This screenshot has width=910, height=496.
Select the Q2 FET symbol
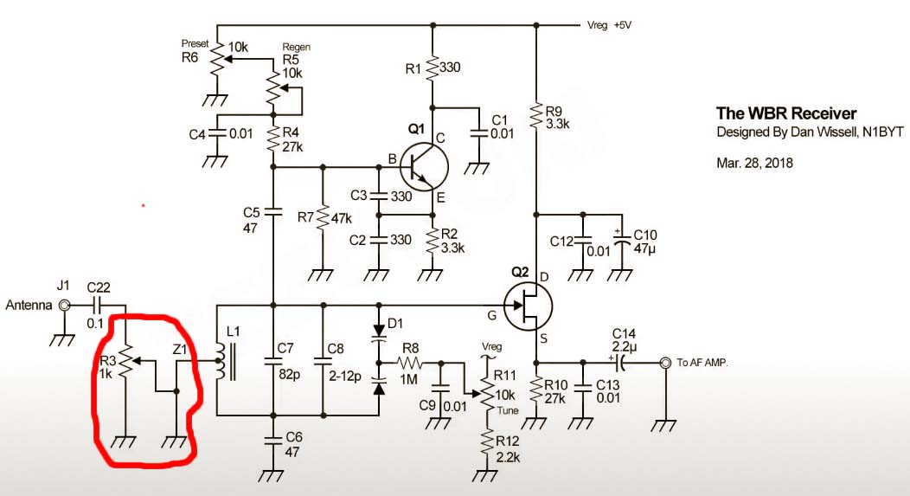pos(528,306)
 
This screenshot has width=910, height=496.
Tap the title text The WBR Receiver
pos(785,113)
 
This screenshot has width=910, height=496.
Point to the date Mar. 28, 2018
pos(754,163)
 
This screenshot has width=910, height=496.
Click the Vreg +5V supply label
pos(609,26)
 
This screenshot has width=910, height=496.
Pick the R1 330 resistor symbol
pos(433,68)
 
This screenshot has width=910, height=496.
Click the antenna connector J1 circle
pos(64,305)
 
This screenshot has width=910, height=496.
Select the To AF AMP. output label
pos(702,363)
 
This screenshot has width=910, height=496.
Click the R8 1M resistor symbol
pos(410,363)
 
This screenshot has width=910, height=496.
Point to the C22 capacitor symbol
pos(98,305)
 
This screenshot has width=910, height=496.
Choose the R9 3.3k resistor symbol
pos(536,117)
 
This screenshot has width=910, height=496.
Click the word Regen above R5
pos(296,47)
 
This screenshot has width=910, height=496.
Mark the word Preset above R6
pos(195,43)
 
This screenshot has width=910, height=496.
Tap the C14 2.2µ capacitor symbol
pos(620,363)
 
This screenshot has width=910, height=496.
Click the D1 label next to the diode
pos(394,324)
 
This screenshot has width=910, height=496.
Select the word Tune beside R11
pos(507,410)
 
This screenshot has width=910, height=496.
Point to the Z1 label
pos(180,350)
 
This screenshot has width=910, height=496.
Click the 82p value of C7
pos(289,375)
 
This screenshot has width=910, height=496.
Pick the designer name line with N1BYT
pos(810,132)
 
